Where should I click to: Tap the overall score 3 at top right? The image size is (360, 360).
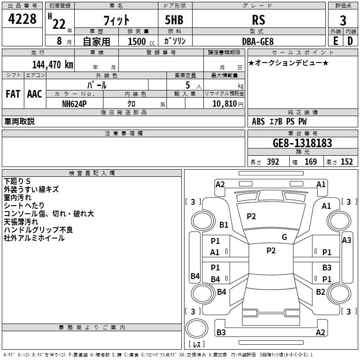pos(343,21)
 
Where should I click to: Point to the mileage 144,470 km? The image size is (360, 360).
pos(52,65)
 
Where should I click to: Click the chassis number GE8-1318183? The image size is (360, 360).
pos(302,144)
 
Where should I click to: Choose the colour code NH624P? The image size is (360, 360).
pos(75,103)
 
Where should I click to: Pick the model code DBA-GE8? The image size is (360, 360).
pos(258,41)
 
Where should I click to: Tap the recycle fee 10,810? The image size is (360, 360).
pos(224,103)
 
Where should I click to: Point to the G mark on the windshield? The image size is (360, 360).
pos(284,237)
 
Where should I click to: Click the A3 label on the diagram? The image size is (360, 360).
pos(346,240)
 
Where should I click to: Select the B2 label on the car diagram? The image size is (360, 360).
pos(320,292)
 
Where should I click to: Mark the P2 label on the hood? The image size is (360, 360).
pos(251,216)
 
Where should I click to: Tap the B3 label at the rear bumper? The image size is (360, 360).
pos(221,333)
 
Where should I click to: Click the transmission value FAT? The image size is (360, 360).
pos(13,94)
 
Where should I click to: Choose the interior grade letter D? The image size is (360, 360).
pos(350,41)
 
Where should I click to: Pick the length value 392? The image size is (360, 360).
pos(273,162)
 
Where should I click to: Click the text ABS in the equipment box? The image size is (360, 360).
pos(258,121)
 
